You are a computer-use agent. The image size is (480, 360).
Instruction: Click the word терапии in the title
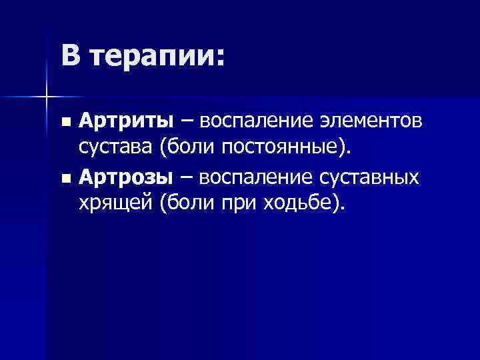point(156,56)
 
